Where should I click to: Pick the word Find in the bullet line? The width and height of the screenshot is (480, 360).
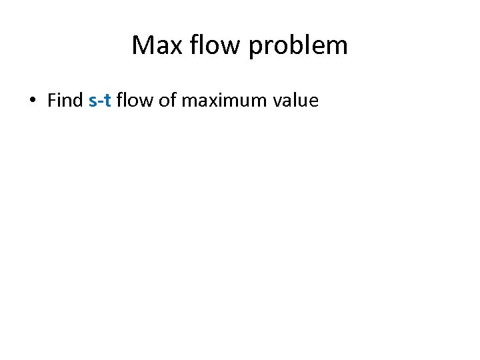pyautogui.click(x=65, y=101)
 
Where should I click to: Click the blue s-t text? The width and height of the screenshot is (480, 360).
pyautogui.click(x=99, y=101)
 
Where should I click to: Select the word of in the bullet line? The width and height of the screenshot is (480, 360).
pyautogui.click(x=167, y=101)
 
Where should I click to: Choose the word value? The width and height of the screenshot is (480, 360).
pyautogui.click(x=295, y=101)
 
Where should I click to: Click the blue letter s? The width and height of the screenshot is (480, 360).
pyautogui.click(x=92, y=102)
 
